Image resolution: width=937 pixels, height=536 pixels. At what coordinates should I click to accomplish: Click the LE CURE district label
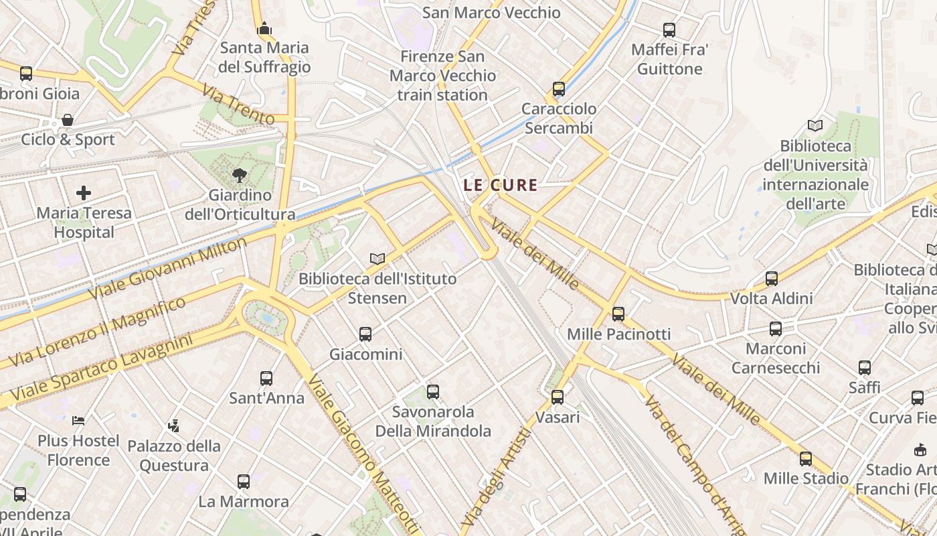[501, 185]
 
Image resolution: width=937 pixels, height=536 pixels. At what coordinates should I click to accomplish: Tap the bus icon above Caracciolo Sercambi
[559, 88]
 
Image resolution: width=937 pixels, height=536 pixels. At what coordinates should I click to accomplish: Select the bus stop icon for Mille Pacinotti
[618, 314]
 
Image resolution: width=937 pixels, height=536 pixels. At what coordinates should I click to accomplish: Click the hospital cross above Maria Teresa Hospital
[84, 194]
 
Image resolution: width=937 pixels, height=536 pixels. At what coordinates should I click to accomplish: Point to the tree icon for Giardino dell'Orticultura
[239, 176]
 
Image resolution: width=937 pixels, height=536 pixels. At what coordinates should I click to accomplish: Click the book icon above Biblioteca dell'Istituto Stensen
[377, 259]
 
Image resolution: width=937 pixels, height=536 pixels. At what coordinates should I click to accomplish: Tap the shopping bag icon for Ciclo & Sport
[67, 120]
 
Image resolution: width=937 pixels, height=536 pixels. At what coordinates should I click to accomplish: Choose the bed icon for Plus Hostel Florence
[78, 421]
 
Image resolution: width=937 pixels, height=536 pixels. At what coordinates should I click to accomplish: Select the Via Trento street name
[238, 105]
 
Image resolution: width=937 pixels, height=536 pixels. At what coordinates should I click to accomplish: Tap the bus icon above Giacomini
[365, 334]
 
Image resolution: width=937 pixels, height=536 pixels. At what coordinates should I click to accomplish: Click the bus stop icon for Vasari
[558, 397]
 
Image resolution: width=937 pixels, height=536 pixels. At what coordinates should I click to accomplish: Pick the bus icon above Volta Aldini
[772, 279]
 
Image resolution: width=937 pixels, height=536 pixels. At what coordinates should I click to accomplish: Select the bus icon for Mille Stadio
[806, 459]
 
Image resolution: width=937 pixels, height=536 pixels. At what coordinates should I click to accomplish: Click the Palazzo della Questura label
[173, 456]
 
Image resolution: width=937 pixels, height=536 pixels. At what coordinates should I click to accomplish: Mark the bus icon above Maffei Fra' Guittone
[669, 30]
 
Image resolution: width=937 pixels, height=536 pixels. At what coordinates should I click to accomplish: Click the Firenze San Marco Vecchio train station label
[442, 76]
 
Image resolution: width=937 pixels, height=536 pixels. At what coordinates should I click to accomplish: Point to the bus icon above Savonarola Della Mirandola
[433, 391]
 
